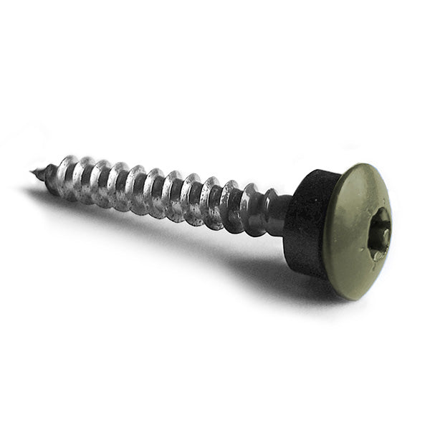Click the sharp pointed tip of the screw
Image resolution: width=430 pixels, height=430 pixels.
pos(33,171)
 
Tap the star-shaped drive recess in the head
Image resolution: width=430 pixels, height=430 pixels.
pos(380,233)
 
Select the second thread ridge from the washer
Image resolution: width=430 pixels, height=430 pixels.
pos(231,204)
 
